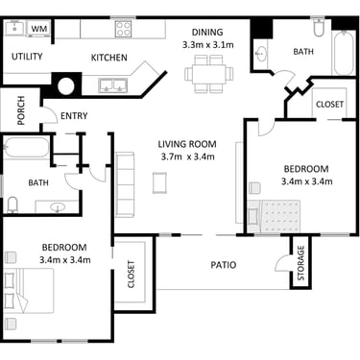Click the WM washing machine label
point(39,29)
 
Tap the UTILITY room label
point(27,57)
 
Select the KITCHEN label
point(109,58)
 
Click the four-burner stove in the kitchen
point(123,29)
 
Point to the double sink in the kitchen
point(113,85)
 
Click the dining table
point(208,74)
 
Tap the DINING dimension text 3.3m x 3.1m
point(208,45)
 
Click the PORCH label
point(21,110)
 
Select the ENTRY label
point(74,116)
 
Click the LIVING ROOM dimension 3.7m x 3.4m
point(187,156)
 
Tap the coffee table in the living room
point(159,182)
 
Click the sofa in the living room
point(125,184)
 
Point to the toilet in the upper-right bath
point(319,28)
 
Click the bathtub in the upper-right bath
point(344,53)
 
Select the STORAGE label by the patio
point(300,263)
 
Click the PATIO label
point(224,265)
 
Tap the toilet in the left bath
point(12,204)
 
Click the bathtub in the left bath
point(26,148)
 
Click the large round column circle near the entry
point(66,86)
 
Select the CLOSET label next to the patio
point(132,275)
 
